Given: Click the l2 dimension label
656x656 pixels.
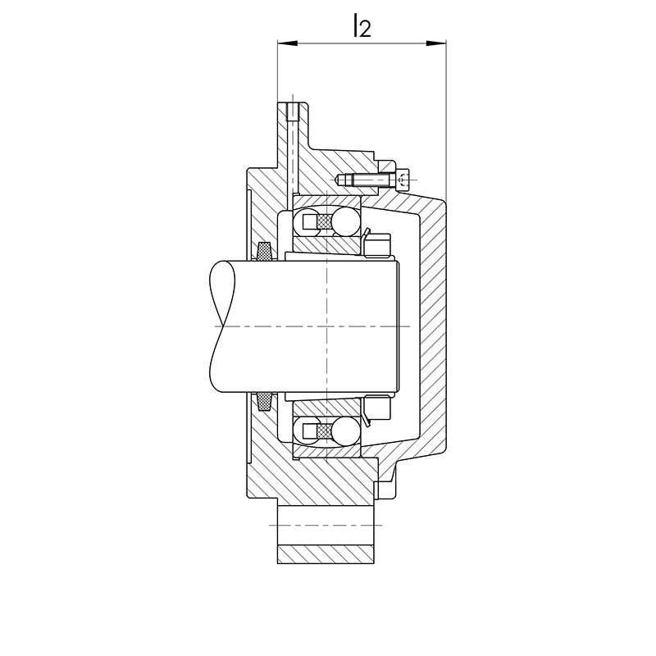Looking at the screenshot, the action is (362, 25).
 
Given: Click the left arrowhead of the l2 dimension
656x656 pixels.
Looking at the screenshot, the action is (288, 43).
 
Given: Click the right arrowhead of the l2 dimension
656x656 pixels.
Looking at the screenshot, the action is (436, 43).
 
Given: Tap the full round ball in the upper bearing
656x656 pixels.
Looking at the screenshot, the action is (345, 221).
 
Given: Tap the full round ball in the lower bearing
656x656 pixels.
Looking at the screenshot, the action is (345, 430).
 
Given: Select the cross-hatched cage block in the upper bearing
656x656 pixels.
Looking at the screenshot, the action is (325, 221).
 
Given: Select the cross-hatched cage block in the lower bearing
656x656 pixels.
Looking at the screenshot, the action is (325, 430).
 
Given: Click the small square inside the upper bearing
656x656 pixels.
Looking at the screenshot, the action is (310, 221).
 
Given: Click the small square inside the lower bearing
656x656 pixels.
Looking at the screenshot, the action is (310, 430).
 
